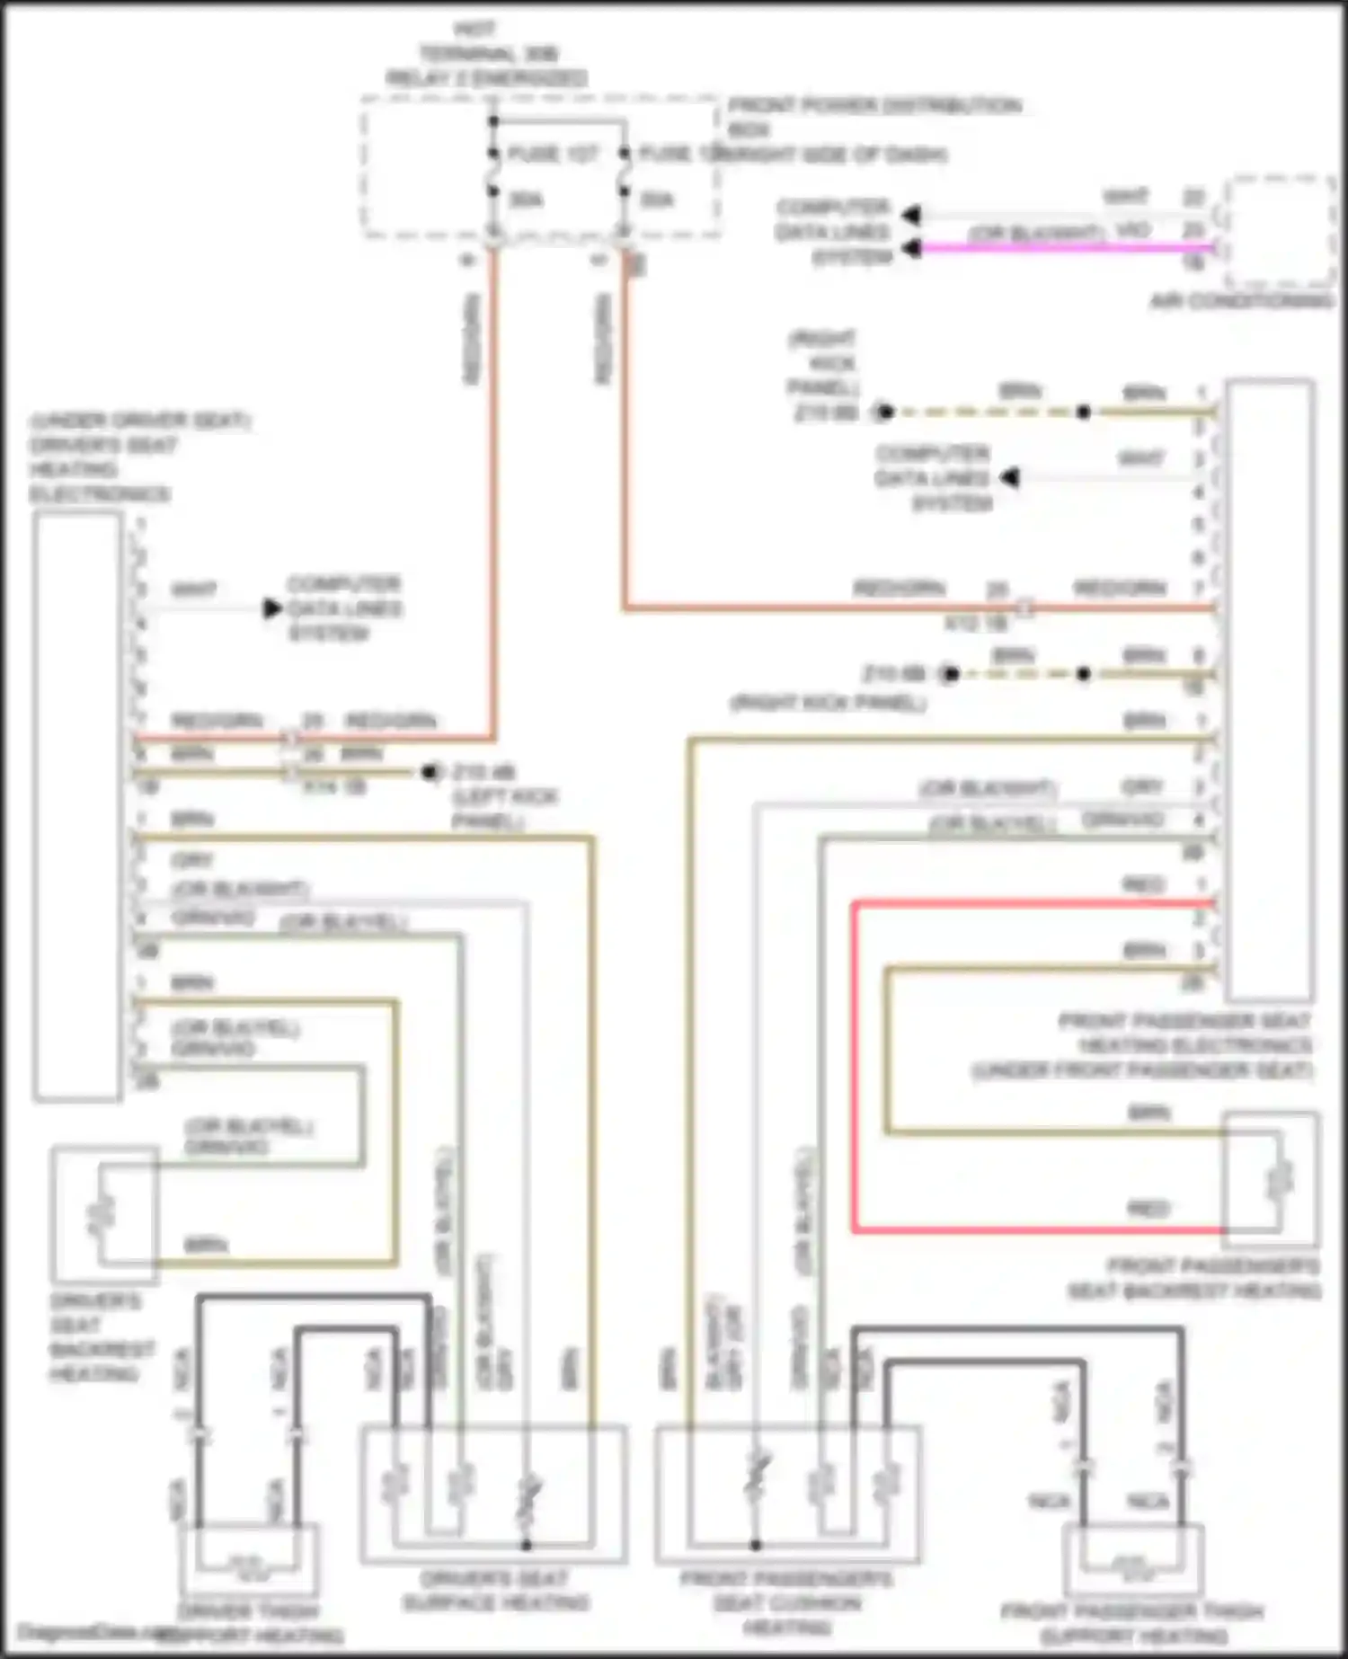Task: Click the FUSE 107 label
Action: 552,154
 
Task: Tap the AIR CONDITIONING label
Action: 1242,301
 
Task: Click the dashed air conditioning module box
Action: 1280,229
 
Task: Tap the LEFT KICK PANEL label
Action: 505,809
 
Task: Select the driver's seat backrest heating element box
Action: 104,1214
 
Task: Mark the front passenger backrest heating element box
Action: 1271,1179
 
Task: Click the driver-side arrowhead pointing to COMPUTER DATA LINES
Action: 272,608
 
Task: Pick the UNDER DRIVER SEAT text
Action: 139,421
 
